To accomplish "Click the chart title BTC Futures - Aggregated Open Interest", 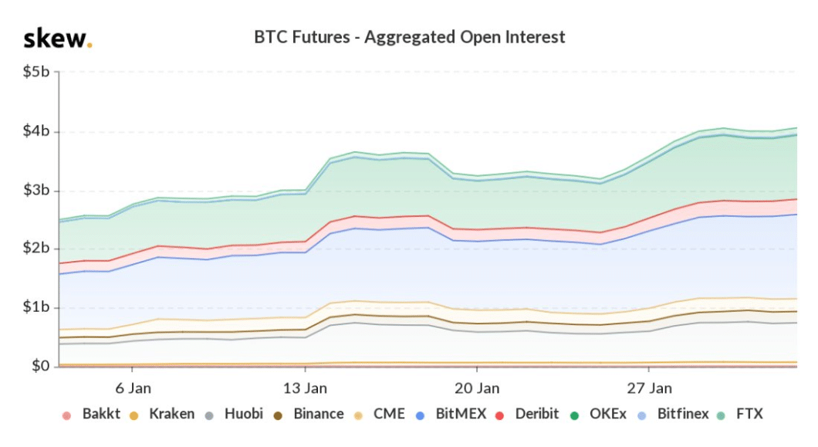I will coord(410,36).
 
